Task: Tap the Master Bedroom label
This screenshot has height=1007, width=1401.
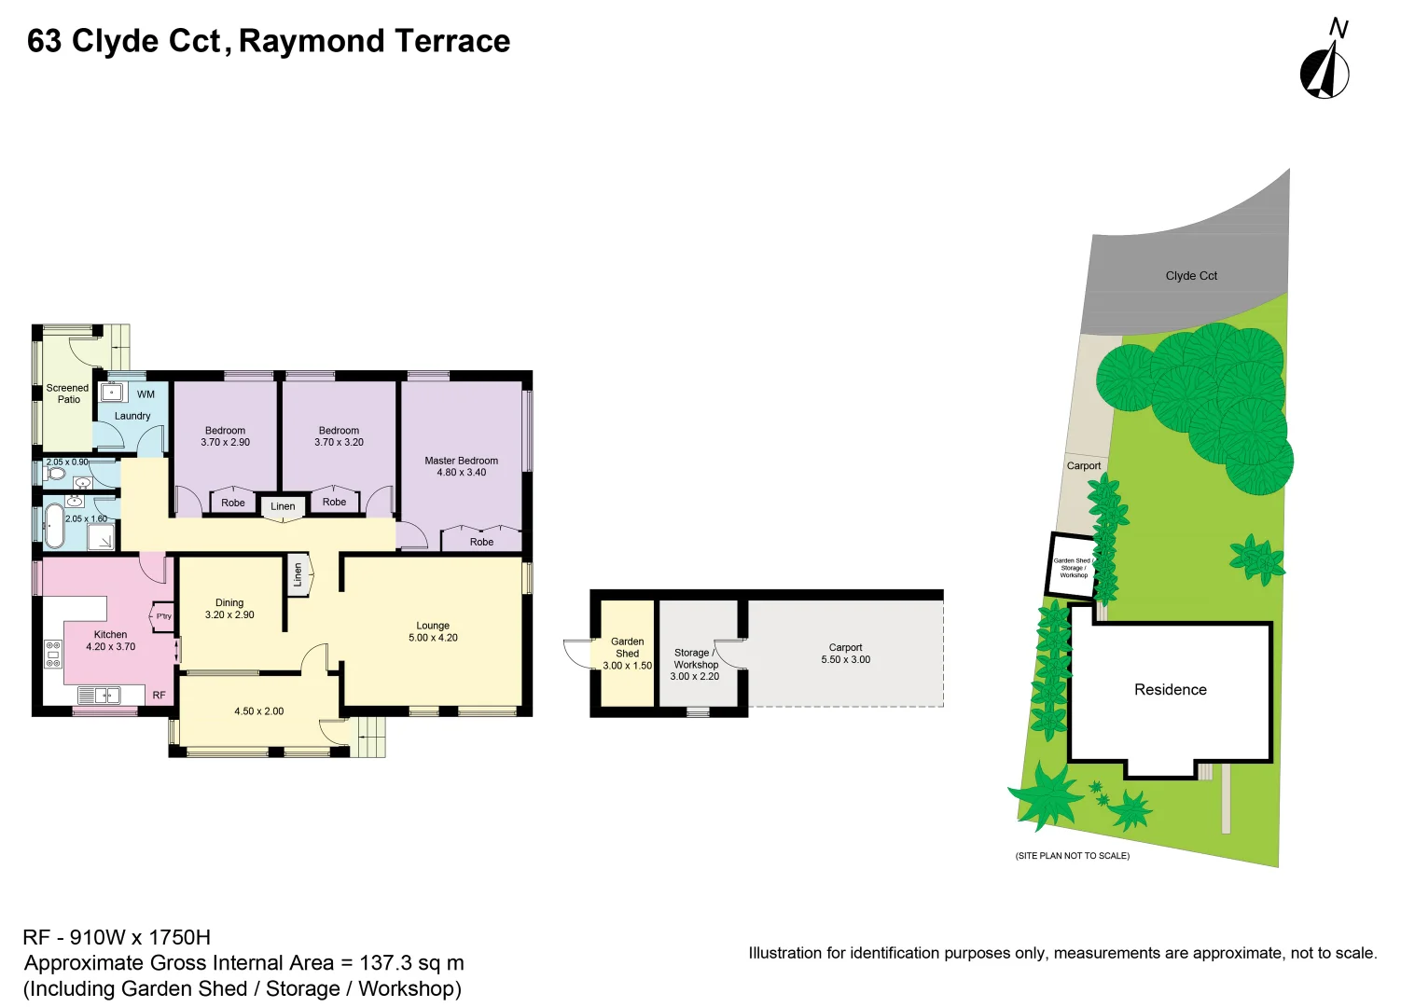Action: (461, 461)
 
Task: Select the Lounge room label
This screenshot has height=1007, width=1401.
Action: (433, 626)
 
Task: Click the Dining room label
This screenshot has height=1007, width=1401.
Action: (229, 603)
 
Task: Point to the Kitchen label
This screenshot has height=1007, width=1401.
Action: (110, 635)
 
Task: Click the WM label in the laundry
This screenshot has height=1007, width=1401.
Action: (146, 394)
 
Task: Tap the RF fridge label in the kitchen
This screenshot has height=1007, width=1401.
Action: (159, 696)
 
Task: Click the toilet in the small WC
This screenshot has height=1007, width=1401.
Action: (55, 474)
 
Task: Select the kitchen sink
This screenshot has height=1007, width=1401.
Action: (98, 695)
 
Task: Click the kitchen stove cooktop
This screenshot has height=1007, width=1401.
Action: (52, 654)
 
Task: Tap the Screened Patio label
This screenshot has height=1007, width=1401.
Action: (67, 393)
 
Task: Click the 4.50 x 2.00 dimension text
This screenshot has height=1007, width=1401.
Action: (258, 711)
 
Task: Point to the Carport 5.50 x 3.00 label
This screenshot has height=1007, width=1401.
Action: (845, 654)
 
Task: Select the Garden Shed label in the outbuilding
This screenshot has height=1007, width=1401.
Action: (627, 647)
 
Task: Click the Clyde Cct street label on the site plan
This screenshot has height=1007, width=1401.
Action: (1191, 276)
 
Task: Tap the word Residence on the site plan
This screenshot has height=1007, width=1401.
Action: (1170, 690)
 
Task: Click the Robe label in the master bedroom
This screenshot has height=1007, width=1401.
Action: (481, 542)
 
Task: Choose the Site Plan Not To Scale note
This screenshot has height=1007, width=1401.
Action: (1072, 856)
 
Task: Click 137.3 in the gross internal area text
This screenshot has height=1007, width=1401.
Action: (385, 963)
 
